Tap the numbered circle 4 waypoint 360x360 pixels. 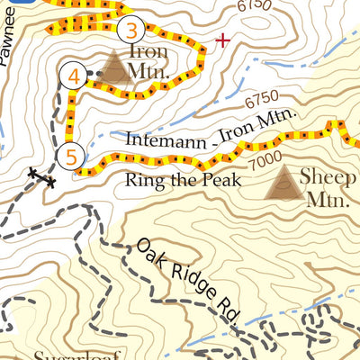[74, 77]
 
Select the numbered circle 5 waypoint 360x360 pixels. [71, 156]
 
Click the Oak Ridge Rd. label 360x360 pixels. [190, 280]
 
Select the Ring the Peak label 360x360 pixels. [184, 179]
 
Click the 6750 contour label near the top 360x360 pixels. [254, 7]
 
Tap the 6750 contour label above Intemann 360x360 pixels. [260, 98]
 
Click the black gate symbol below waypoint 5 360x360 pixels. [40, 176]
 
